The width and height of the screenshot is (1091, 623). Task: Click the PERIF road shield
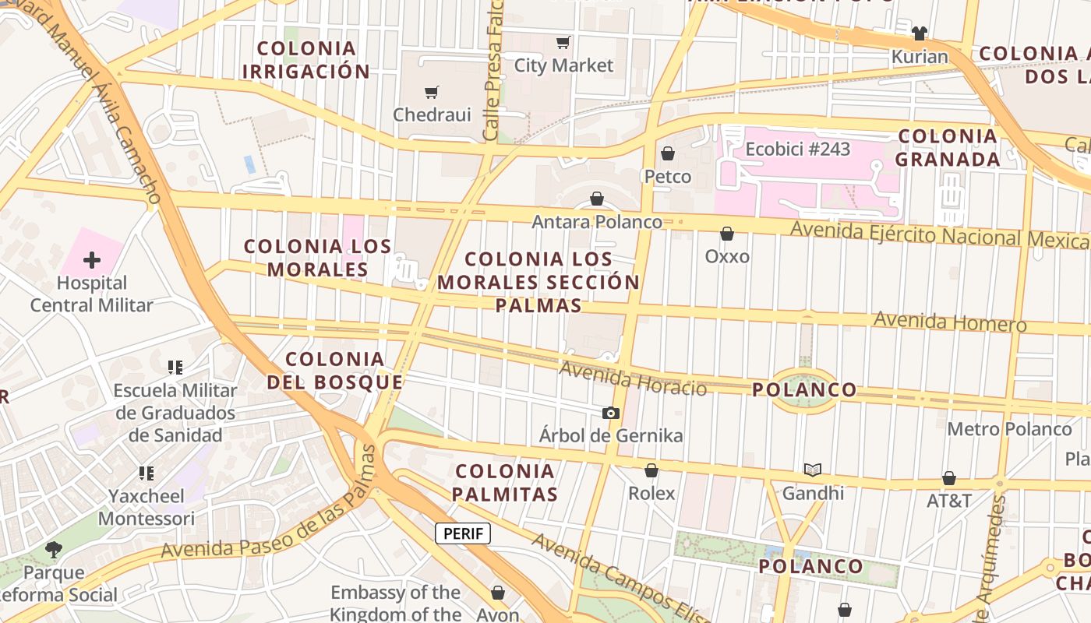click(x=463, y=533)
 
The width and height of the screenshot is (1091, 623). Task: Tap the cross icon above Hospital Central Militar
click(x=92, y=259)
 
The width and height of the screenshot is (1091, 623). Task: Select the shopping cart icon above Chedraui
click(x=432, y=93)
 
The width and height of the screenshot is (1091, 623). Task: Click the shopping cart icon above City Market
click(x=563, y=42)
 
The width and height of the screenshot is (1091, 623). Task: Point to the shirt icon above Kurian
click(x=920, y=33)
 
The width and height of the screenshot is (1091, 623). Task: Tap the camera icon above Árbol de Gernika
click(x=611, y=413)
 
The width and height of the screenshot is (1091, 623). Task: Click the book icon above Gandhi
click(x=813, y=470)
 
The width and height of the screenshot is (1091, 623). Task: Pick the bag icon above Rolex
click(x=651, y=470)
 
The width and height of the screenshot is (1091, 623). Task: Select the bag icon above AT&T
click(x=949, y=477)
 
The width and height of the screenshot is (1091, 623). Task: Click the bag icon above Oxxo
click(x=727, y=234)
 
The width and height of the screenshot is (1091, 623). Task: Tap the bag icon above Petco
click(x=667, y=153)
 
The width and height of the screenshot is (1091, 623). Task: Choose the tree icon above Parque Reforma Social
click(x=53, y=550)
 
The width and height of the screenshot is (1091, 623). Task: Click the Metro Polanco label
click(x=1009, y=429)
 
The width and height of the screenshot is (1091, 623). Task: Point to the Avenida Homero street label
click(x=950, y=321)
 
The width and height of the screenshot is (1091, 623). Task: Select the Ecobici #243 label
click(x=798, y=149)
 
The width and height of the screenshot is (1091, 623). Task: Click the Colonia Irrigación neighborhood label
click(x=306, y=60)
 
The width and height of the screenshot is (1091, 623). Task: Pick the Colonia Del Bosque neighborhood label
click(x=335, y=371)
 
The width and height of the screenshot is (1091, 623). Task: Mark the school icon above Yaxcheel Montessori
click(x=147, y=473)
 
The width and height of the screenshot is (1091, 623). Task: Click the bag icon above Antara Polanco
click(x=597, y=199)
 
